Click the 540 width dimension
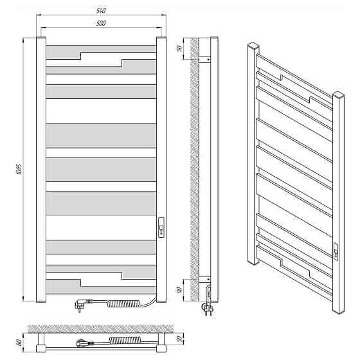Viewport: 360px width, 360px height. point(101,11)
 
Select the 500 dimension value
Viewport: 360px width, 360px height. point(101,23)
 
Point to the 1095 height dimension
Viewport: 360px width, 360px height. point(19,169)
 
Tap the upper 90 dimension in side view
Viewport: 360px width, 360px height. point(179,48)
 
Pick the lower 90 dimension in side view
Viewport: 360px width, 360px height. point(179,290)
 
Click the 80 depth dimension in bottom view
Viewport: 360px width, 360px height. point(19,343)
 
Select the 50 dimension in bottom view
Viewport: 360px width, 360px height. point(180,338)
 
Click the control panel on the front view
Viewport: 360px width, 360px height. point(161,228)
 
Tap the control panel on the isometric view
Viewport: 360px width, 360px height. point(336,251)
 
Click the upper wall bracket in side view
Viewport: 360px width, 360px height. point(204,59)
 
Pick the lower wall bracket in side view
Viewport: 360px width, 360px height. point(204,279)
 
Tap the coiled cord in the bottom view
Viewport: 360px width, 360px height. point(125,340)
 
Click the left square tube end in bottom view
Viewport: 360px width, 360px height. point(41,348)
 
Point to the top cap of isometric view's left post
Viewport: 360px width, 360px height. point(253,45)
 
